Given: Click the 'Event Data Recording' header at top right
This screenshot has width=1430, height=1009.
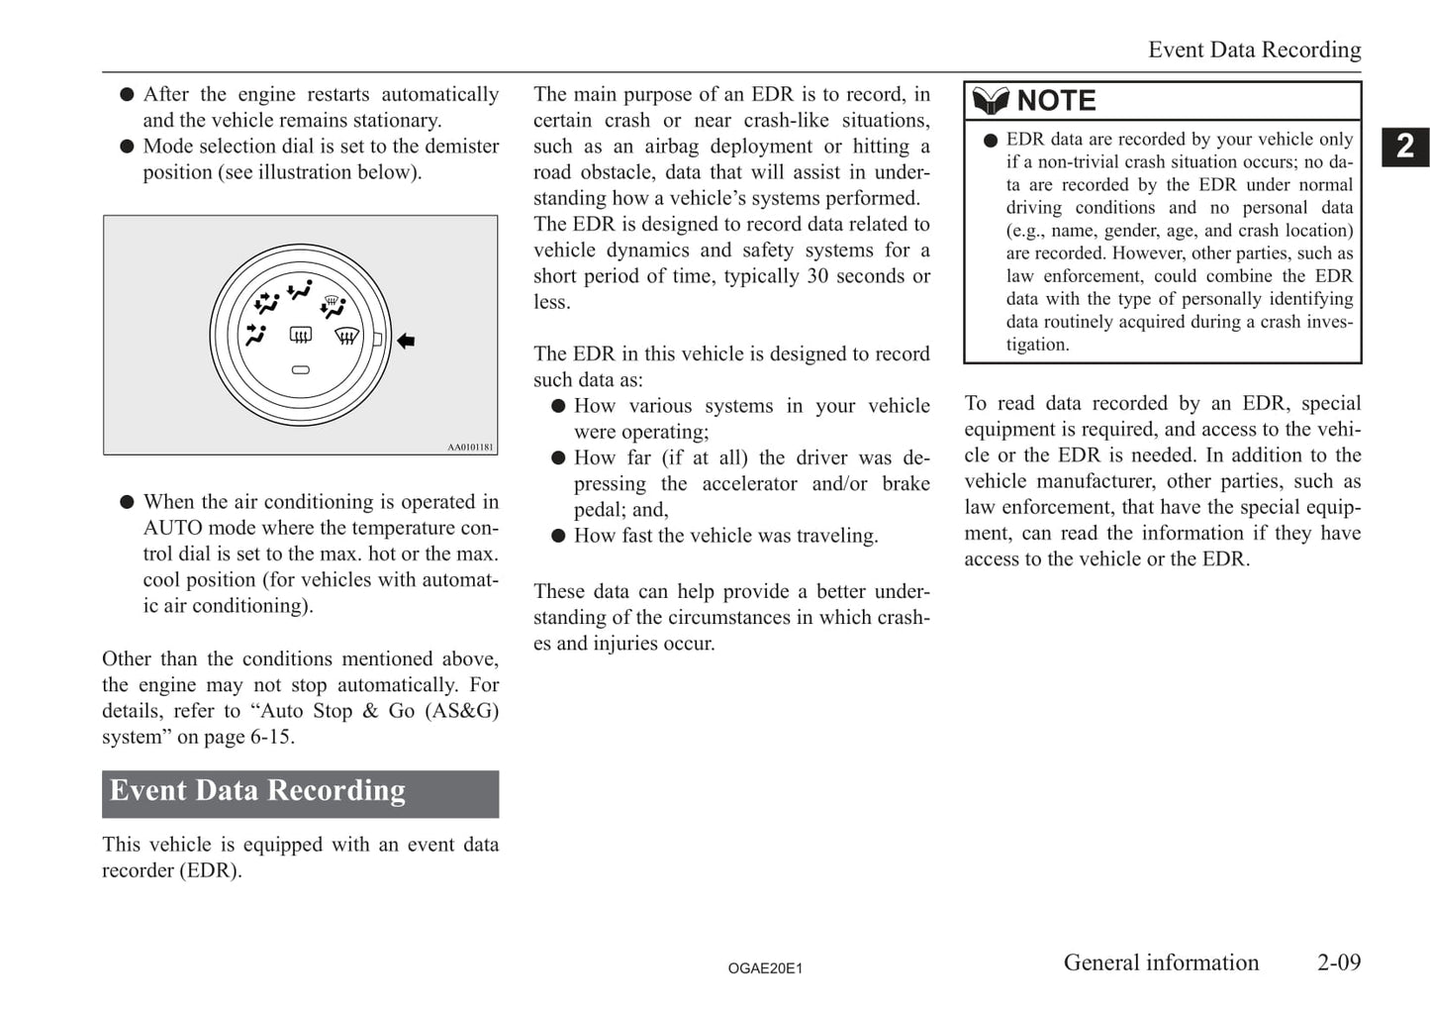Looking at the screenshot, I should point(1254,50).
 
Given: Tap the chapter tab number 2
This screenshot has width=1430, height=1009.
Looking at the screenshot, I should point(1405,147).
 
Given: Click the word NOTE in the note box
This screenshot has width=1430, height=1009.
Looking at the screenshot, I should point(1056,101).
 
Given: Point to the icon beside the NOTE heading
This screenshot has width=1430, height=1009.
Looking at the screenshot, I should point(991,101).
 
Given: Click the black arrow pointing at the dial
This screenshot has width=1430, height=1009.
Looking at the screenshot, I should point(406,341).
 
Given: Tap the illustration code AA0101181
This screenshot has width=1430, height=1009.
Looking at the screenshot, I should point(470,448).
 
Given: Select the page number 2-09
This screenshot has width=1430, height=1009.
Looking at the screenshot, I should point(1338,962).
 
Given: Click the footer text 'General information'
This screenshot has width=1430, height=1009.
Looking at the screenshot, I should point(1161,962).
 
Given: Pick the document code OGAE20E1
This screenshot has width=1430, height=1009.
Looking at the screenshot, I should point(765,968).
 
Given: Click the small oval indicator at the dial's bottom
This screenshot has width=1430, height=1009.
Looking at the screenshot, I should point(301,370).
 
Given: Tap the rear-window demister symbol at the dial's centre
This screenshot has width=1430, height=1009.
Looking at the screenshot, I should point(301,336).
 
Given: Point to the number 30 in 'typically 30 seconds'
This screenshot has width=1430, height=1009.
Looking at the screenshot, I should point(817,276).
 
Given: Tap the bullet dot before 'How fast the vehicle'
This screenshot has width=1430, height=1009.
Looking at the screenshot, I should point(558,536).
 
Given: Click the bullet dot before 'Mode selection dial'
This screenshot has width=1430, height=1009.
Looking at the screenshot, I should point(127,147).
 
